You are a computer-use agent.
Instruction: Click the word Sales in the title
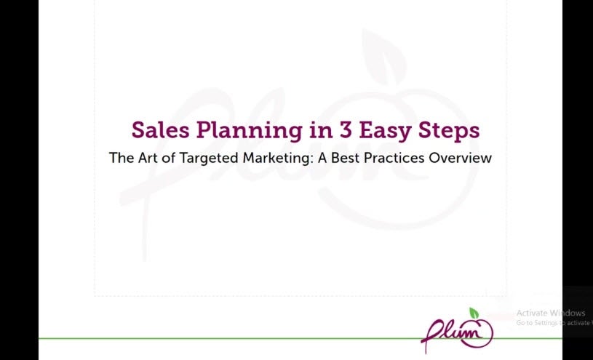pyautogui.click(x=160, y=129)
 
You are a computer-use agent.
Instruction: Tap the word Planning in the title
pyautogui.click(x=250, y=131)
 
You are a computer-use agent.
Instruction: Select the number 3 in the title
pyautogui.click(x=346, y=130)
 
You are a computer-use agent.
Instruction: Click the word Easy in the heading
pyautogui.click(x=385, y=131)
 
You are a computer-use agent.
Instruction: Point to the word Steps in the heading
pyautogui.click(x=449, y=131)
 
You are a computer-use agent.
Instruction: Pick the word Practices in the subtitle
pyautogui.click(x=394, y=158)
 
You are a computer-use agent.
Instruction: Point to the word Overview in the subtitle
pyautogui.click(x=460, y=158)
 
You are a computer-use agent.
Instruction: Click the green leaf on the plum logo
pyautogui.click(x=474, y=313)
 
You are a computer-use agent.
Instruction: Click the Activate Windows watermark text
pyautogui.click(x=551, y=313)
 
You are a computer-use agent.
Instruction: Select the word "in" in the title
pyautogui.click(x=321, y=129)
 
